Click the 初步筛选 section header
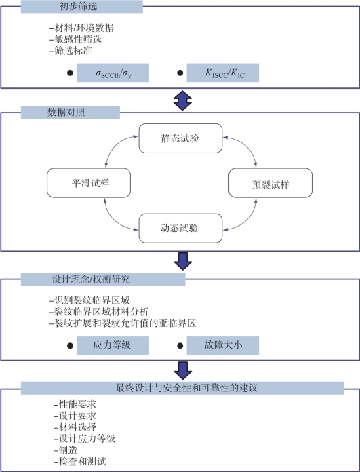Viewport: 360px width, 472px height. (x=81, y=7)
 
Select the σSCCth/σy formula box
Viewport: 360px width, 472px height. (x=113, y=73)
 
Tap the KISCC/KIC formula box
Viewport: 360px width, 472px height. (x=223, y=73)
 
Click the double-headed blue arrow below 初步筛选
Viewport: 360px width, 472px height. (x=182, y=100)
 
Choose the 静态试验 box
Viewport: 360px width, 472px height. (x=180, y=138)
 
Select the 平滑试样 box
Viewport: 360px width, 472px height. (x=89, y=183)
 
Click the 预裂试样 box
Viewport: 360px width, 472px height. (x=271, y=183)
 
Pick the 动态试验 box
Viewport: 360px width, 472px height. (x=180, y=228)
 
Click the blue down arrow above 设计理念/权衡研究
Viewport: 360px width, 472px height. (x=182, y=261)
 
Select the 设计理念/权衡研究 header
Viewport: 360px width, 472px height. (x=103, y=279)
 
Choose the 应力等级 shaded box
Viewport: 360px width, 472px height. (x=113, y=346)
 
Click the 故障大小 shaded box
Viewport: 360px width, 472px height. (x=223, y=346)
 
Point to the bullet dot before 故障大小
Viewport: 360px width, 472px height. (x=180, y=346)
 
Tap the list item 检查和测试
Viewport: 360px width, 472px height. (x=80, y=461)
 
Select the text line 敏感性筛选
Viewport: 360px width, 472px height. (x=75, y=39)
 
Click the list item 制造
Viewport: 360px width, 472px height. (x=66, y=450)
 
